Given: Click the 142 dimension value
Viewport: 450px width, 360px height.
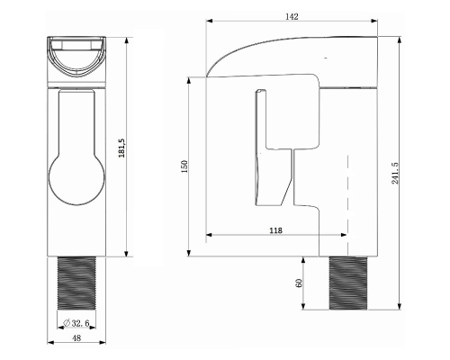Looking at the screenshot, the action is pyautogui.click(x=292, y=17).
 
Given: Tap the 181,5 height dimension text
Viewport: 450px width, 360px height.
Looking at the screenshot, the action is pyautogui.click(x=121, y=148).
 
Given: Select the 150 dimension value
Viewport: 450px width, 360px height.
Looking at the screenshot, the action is pyautogui.click(x=184, y=166).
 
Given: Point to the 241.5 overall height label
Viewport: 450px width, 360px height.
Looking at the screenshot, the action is pyautogui.click(x=395, y=173).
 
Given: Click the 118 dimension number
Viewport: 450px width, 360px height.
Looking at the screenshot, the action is pyautogui.click(x=275, y=230).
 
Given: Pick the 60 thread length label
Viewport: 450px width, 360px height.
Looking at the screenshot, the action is pyautogui.click(x=299, y=283).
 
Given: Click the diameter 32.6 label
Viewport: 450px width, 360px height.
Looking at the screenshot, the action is pyautogui.click(x=76, y=323).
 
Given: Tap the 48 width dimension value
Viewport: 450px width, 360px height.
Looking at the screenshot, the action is pyautogui.click(x=76, y=337).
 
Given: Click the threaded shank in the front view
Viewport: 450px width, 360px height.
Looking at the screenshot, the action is pyautogui.click(x=76, y=283).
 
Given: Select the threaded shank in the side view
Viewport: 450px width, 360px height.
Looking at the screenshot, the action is pyautogui.click(x=348, y=283).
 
